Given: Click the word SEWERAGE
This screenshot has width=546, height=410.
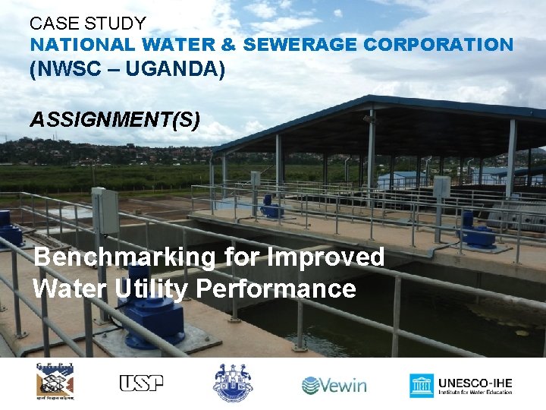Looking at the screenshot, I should (300, 45).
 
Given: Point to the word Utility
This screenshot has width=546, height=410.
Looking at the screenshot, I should (148, 289).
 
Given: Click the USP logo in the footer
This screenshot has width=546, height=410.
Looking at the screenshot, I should (141, 383).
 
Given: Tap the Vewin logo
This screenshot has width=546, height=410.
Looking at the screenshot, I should (334, 385).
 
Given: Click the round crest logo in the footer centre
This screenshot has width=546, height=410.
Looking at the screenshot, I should (232, 383).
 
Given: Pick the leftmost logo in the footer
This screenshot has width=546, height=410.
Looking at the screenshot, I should (55, 382).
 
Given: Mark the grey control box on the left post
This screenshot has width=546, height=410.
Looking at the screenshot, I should (105, 210).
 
